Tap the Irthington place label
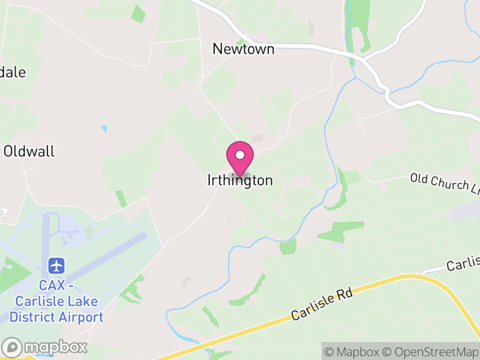(x=240, y=180)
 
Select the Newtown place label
(x=244, y=49)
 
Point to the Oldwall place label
(x=29, y=151)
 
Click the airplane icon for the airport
(x=57, y=265)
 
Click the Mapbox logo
(x=46, y=347)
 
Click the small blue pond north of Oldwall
(x=104, y=128)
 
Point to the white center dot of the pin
(x=240, y=155)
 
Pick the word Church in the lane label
(x=449, y=184)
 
